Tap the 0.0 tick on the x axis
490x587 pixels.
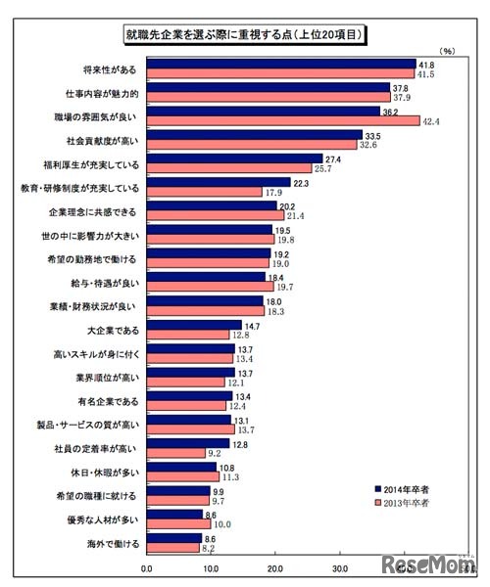coord(147,566)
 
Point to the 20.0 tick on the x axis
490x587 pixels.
coord(275,566)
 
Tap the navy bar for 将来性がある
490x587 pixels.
coord(280,64)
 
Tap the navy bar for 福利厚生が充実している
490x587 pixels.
coord(234,158)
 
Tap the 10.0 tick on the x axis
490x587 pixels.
coord(212,566)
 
